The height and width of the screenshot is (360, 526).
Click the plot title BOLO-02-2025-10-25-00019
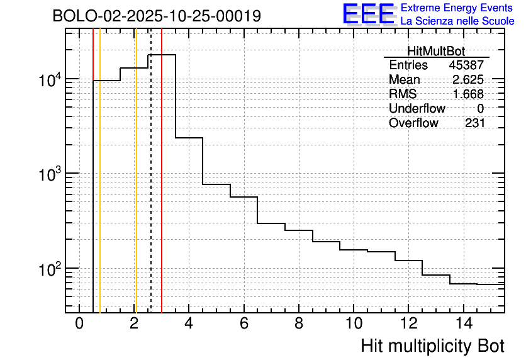pyautogui.click(x=157, y=16)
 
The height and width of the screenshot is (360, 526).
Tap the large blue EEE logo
pyautogui.click(x=369, y=14)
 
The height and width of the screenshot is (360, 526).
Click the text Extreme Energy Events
pyautogui.click(x=457, y=8)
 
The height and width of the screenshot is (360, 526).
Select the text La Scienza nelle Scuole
pyautogui.click(x=457, y=21)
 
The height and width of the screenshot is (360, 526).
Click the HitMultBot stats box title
pyautogui.click(x=436, y=52)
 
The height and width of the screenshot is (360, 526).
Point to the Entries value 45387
pyautogui.click(x=466, y=65)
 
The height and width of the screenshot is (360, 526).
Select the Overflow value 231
pyautogui.click(x=474, y=123)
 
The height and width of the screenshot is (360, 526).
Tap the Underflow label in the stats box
pyautogui.click(x=417, y=109)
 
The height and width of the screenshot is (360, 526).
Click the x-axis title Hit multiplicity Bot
pyautogui.click(x=432, y=346)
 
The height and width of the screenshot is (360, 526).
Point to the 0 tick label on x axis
pyautogui.click(x=79, y=324)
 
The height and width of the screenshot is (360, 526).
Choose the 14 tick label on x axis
pyautogui.click(x=463, y=324)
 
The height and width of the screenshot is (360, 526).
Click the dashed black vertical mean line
pyautogui.click(x=151, y=189)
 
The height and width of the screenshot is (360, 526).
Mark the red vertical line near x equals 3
pyautogui.click(x=162, y=189)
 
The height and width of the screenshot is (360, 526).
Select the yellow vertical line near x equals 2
pyautogui.click(x=136, y=189)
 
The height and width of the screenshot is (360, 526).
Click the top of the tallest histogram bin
pyautogui.click(x=162, y=55)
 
